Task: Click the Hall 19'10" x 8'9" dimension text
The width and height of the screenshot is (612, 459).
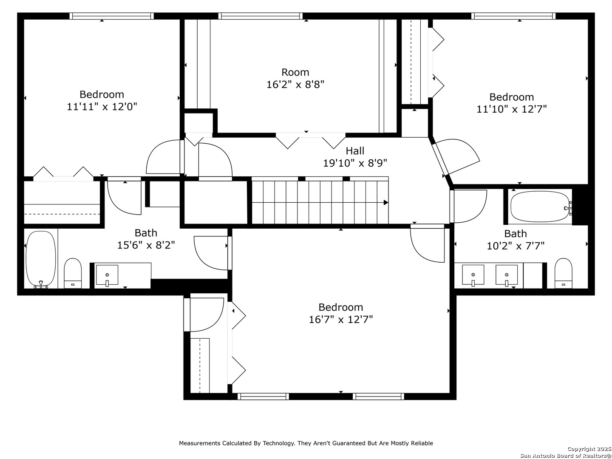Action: pos(354,163)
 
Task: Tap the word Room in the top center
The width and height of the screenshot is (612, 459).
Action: pos(295,72)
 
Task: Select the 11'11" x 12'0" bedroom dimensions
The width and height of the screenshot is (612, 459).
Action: pos(102,106)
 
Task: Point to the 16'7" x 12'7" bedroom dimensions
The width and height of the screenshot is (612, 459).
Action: pos(340,319)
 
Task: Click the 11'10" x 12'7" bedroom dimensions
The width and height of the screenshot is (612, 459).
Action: pos(511,109)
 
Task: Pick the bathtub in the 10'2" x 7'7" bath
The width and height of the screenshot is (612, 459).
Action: pos(540,207)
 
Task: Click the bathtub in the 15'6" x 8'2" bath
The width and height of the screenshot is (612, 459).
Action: pos(41,259)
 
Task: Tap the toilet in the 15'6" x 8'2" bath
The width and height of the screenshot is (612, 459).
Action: pos(73,273)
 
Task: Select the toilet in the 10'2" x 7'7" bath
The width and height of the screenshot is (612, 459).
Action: pos(563,273)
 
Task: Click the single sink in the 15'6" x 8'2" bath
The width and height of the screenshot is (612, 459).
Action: pos(107,275)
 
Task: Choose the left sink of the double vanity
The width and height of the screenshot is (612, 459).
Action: pos(473,275)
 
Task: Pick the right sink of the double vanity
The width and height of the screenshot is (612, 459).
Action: pos(506,275)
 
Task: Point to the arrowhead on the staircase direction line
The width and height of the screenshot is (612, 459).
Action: pos(386,203)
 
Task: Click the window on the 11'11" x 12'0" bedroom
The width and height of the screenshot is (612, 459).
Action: pos(111,16)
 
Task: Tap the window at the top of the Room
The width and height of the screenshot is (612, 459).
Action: pos(260,16)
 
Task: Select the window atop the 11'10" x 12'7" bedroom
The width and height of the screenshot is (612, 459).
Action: pos(513,16)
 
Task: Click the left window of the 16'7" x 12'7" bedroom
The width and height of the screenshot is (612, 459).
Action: pos(263,396)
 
